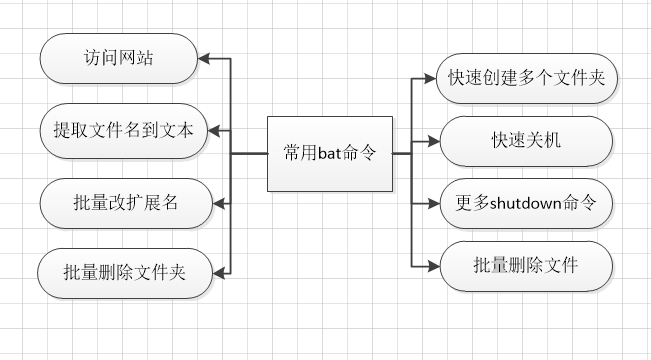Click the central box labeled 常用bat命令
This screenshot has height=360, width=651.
tap(329, 153)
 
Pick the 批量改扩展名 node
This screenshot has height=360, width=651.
tap(124, 201)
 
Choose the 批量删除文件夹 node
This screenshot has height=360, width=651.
tap(124, 272)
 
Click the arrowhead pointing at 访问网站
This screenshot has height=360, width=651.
tap(205, 58)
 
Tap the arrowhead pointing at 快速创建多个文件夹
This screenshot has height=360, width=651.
tap(432, 78)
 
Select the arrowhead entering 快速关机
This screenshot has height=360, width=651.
tap(432, 140)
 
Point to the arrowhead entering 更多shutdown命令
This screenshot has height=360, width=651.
tap(432, 202)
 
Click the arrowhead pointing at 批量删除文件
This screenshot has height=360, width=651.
tap(432, 264)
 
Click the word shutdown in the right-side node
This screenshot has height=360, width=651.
tap(528, 202)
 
